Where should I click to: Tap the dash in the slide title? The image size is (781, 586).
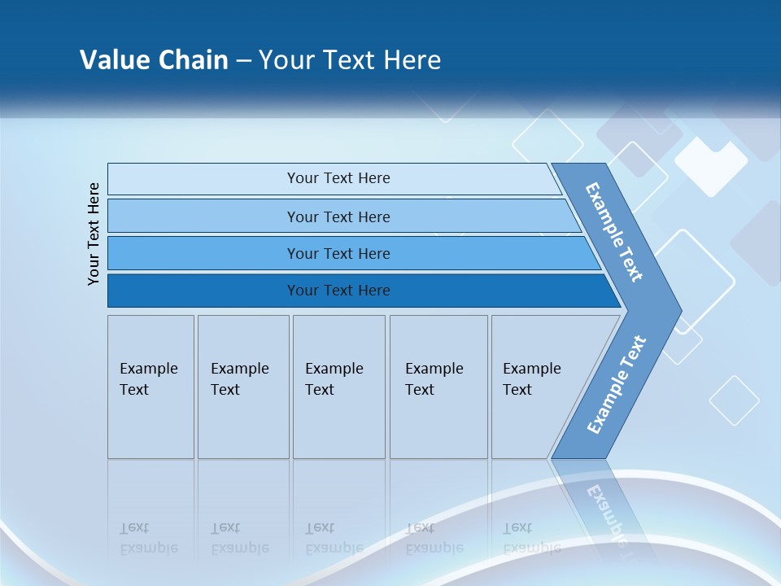pyautogui.click(x=243, y=61)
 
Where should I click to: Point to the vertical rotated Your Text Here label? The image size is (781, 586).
pyautogui.click(x=94, y=234)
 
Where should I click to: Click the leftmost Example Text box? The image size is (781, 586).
pyautogui.click(x=151, y=387)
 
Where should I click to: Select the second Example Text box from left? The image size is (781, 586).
pyautogui.click(x=243, y=387)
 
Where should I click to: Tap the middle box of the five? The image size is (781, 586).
pyautogui.click(x=338, y=387)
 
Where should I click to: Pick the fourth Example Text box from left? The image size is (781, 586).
pyautogui.click(x=438, y=387)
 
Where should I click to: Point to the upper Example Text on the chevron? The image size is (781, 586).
pyautogui.click(x=614, y=232)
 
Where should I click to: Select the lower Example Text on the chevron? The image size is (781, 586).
pyautogui.click(x=616, y=385)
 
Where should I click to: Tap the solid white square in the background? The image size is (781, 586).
pyautogui.click(x=710, y=167)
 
